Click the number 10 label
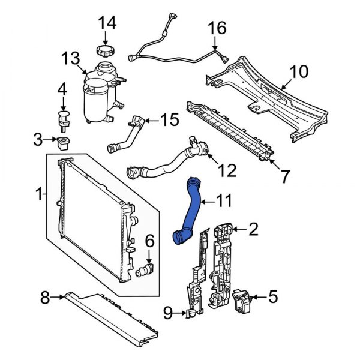[298, 73]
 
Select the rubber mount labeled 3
[62, 144]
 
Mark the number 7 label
[284, 176]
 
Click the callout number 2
[253, 228]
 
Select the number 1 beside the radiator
[39, 194]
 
